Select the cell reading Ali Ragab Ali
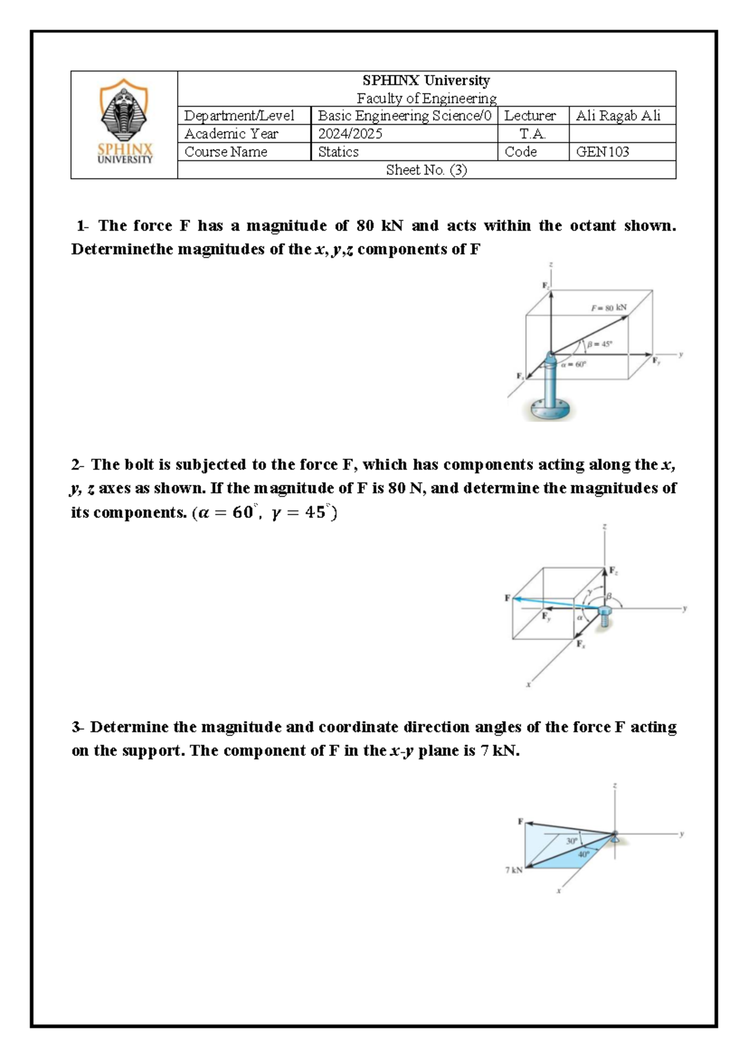tap(618, 116)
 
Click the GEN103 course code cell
tap(602, 152)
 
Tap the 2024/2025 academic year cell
tap(350, 134)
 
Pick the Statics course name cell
tap(338, 152)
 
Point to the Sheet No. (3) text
tap(426, 170)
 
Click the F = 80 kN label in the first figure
tap(609, 308)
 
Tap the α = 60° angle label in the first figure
tap(574, 366)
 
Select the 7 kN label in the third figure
tap(514, 870)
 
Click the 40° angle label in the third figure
tap(583, 854)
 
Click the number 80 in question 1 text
tap(365, 226)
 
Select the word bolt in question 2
tap(139, 465)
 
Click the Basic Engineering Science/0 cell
tap(404, 116)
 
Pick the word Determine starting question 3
tap(129, 727)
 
